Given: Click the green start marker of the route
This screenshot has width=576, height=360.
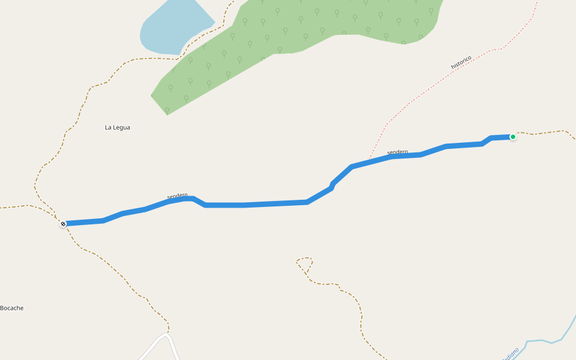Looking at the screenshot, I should pos(513,137).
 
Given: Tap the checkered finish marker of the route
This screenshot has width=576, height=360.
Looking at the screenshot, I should pos(63,224).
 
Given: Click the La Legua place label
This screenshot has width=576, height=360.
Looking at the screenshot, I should pos(118,127).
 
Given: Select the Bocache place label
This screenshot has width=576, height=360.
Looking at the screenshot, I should pos(12,308).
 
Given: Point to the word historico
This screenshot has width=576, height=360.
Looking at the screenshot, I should pos(461,62).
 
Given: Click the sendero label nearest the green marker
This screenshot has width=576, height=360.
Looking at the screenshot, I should pos(397,152).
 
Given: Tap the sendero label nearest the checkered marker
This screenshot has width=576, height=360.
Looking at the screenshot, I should pos(177,196).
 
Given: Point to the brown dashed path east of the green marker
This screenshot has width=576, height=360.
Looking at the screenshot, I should pos(546,132).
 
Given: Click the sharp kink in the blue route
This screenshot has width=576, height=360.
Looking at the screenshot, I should pos(332,185).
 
